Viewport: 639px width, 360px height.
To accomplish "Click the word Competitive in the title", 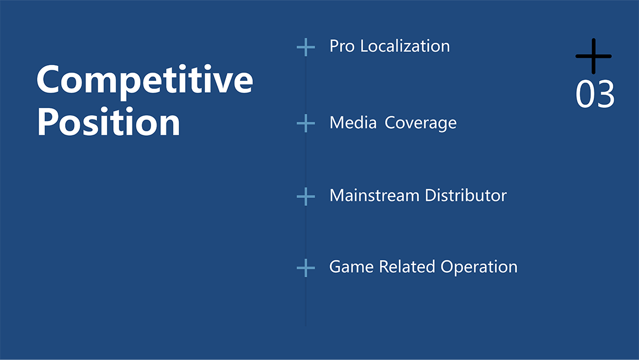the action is pyautogui.click(x=145, y=80).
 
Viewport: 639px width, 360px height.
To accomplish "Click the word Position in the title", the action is pyautogui.click(x=109, y=122).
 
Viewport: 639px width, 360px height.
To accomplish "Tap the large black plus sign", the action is pyautogui.click(x=593, y=56).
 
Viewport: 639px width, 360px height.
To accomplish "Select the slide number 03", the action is pyautogui.click(x=595, y=94).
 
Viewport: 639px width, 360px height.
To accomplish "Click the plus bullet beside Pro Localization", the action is pyautogui.click(x=306, y=48).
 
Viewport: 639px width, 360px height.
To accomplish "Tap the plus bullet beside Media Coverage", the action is pyautogui.click(x=306, y=123).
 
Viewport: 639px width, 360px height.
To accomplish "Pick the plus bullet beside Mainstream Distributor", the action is pyautogui.click(x=306, y=197).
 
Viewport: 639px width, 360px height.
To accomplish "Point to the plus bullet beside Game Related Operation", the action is pyautogui.click(x=306, y=268).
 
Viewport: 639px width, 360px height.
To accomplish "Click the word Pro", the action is pyautogui.click(x=341, y=46).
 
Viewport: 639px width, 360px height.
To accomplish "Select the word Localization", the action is pyautogui.click(x=405, y=46).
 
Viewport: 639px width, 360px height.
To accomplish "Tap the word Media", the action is pyautogui.click(x=353, y=123).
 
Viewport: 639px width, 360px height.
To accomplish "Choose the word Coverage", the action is pyautogui.click(x=421, y=123).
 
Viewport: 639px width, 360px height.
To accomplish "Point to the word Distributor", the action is pyautogui.click(x=466, y=195).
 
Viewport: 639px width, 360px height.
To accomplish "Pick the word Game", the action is pyautogui.click(x=351, y=267).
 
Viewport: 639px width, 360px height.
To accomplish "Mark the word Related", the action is pyautogui.click(x=407, y=267).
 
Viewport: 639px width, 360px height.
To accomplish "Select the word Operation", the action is pyautogui.click(x=479, y=267).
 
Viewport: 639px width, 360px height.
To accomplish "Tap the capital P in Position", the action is pyautogui.click(x=48, y=122).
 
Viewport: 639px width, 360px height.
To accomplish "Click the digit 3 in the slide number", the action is pyautogui.click(x=605, y=94).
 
